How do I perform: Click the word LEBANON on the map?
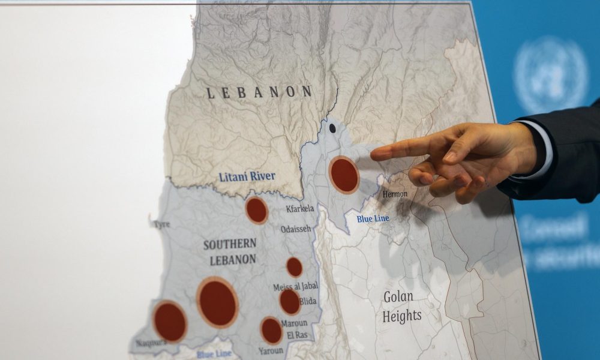[x=259, y=92]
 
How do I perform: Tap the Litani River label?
[x=247, y=176]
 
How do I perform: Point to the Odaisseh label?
[x=296, y=229]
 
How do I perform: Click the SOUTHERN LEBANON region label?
[x=230, y=252]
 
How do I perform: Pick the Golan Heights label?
[x=401, y=306]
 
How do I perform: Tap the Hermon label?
[x=394, y=194]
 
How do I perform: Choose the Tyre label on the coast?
[x=161, y=224]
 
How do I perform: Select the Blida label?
[x=308, y=301]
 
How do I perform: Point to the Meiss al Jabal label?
[x=296, y=287]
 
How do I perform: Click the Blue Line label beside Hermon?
[x=373, y=219]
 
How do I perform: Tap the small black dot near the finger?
[x=332, y=128]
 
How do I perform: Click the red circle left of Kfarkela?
[x=256, y=210]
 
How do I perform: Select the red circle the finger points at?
[x=344, y=175]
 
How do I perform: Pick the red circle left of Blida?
[x=290, y=301]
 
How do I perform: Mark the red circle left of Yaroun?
[x=271, y=331]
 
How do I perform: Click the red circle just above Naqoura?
[x=170, y=322]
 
